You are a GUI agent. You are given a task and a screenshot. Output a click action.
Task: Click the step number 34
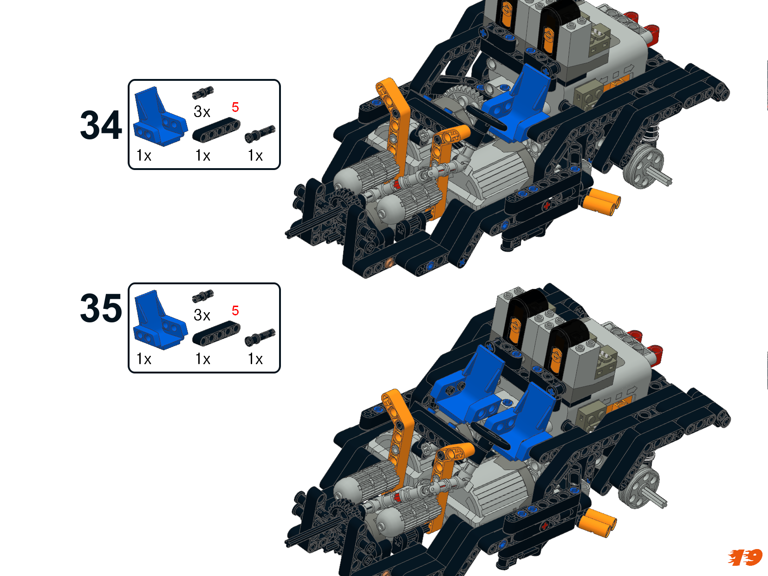coord(101,125)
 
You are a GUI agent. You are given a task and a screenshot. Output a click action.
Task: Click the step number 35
coord(101,308)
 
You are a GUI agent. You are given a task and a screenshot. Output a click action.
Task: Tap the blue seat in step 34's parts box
coord(160,117)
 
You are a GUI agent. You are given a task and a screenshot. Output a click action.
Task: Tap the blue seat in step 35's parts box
coord(160,320)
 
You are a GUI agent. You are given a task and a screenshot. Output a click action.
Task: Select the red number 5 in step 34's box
coord(235,107)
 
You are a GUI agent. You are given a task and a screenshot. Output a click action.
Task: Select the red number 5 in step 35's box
coord(235,310)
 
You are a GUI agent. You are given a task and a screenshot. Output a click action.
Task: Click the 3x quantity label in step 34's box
coord(202,111)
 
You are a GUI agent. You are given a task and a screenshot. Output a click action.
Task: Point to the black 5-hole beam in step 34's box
coord(216,130)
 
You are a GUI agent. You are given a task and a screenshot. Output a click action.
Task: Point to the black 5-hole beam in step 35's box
coord(216,334)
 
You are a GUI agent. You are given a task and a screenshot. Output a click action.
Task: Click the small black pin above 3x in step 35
coord(203,296)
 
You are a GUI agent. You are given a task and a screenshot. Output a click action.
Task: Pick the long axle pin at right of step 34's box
coord(260,134)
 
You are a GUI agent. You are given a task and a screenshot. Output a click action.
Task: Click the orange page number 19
coord(745,557)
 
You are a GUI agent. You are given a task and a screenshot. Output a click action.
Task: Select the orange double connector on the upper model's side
coord(601,202)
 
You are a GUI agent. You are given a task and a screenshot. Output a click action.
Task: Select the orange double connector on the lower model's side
coord(598,523)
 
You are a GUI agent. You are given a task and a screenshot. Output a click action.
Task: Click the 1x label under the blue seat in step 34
coord(144,155)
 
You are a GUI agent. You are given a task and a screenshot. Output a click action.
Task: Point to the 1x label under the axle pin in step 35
coord(255,359)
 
